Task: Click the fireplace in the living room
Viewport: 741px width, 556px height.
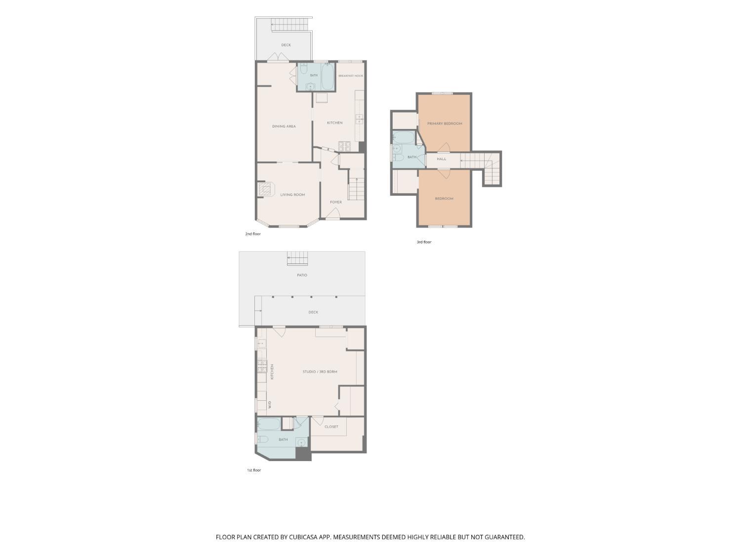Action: pos(265,189)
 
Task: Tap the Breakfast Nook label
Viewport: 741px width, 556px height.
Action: pos(351,76)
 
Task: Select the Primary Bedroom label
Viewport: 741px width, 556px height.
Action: pos(445,124)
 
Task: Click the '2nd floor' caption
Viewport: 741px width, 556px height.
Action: pos(253,234)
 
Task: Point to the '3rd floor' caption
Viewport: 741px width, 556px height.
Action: pos(424,242)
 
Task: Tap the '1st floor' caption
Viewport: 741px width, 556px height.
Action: pos(253,470)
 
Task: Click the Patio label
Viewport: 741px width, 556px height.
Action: pos(302,275)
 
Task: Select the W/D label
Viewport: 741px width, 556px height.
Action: pos(270,405)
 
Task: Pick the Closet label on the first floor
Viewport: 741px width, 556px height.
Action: pos(331,427)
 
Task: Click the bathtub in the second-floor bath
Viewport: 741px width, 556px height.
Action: pos(327,77)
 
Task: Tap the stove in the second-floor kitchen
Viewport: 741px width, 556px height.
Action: pos(345,146)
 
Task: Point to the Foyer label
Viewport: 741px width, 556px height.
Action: pos(336,202)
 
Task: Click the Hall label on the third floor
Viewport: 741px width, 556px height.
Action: pos(442,159)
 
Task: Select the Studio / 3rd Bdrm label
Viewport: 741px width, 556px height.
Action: pos(320,372)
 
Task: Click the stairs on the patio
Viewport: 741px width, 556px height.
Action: pos(297,258)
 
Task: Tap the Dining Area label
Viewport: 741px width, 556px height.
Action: pos(284,127)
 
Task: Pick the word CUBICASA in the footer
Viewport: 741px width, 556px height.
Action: pos(303,537)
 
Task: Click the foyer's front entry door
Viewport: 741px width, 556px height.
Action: pos(333,214)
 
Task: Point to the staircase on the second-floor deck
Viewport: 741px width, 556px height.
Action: pos(290,24)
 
